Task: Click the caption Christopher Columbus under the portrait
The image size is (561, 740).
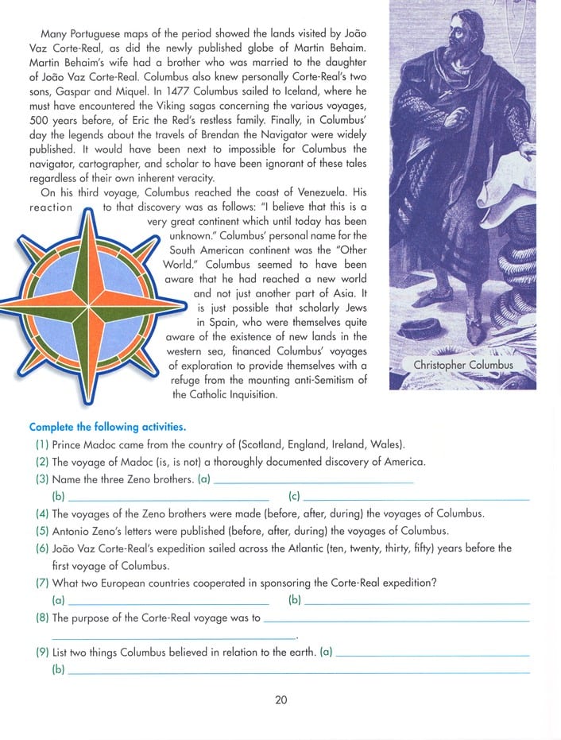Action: pos(463,365)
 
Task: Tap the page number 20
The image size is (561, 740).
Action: pos(280,700)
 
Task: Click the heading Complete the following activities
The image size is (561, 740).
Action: pos(108,427)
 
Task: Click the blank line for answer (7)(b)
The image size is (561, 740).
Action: pos(416,604)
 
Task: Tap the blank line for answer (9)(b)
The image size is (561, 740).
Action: pos(299,672)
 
